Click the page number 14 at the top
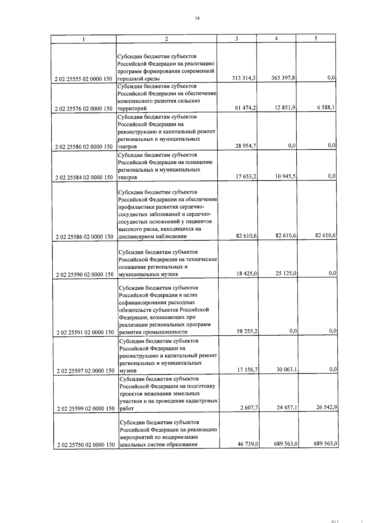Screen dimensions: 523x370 [197, 18]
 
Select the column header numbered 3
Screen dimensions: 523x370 [236, 39]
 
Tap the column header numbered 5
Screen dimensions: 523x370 [315, 39]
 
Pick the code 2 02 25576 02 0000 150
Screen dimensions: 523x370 [84, 108]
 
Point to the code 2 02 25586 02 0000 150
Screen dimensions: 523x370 [84, 237]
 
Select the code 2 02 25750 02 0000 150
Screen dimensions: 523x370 [86, 445]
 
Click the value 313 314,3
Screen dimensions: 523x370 [244, 78]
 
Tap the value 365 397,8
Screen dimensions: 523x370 [283, 78]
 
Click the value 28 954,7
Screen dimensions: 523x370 [246, 146]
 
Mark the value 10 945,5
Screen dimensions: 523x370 [286, 177]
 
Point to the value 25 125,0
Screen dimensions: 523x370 [286, 273]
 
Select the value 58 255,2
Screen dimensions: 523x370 [247, 331]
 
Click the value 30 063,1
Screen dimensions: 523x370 [287, 370]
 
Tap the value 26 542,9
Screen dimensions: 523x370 [327, 407]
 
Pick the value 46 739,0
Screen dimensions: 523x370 [248, 444]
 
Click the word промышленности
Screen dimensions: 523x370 [166, 332]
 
